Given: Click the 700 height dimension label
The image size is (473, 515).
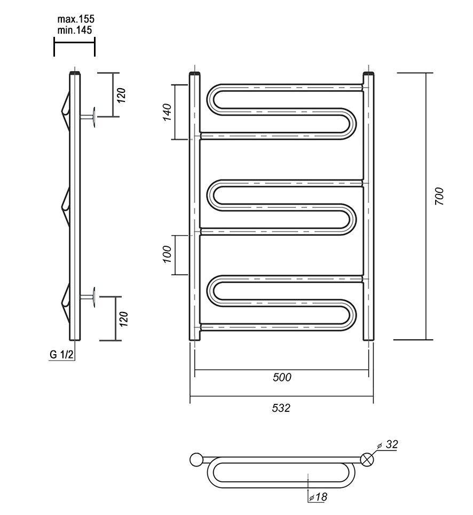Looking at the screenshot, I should click(x=439, y=197).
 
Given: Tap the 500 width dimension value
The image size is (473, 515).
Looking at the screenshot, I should click(x=281, y=378).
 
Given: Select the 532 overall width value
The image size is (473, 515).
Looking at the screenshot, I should click(x=281, y=408).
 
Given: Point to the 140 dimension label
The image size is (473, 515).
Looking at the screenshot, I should click(x=167, y=112).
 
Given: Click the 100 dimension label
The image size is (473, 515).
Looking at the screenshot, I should click(x=167, y=254).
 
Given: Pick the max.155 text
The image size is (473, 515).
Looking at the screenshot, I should click(x=76, y=20).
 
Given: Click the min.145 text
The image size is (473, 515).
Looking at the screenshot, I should click(x=75, y=30).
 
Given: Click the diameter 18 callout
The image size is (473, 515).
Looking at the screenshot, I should click(x=318, y=497).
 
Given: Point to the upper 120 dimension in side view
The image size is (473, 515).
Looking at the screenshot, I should click(x=122, y=95).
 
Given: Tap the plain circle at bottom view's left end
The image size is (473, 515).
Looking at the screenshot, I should click(x=196, y=459).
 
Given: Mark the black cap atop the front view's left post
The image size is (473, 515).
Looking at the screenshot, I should click(x=195, y=73).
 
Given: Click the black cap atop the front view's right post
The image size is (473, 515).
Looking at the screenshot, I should click(x=368, y=73).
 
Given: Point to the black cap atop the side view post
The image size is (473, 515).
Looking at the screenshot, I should click(x=75, y=73).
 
